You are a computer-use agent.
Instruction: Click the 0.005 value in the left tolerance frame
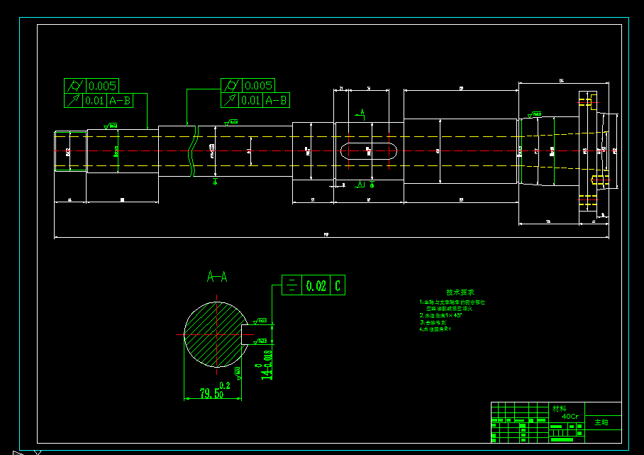click(101, 86)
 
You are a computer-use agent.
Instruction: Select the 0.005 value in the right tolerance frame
click(258, 86)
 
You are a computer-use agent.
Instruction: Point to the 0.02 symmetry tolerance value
click(316, 286)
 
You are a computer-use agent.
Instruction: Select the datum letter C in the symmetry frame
click(338, 286)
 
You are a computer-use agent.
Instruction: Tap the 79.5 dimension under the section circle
click(209, 393)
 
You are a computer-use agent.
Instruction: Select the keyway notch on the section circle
click(247, 334)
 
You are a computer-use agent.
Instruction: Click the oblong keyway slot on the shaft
click(367, 150)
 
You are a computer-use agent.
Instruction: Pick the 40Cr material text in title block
click(570, 416)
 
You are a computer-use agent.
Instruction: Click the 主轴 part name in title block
click(601, 422)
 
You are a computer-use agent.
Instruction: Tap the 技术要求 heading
click(460, 292)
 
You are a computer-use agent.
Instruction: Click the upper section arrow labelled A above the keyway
click(362, 113)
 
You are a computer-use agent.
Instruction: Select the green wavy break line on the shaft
click(190, 150)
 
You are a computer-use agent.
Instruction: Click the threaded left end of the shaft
click(70, 150)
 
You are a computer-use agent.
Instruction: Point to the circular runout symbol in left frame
click(73, 101)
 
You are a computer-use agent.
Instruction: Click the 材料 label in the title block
click(560, 408)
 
